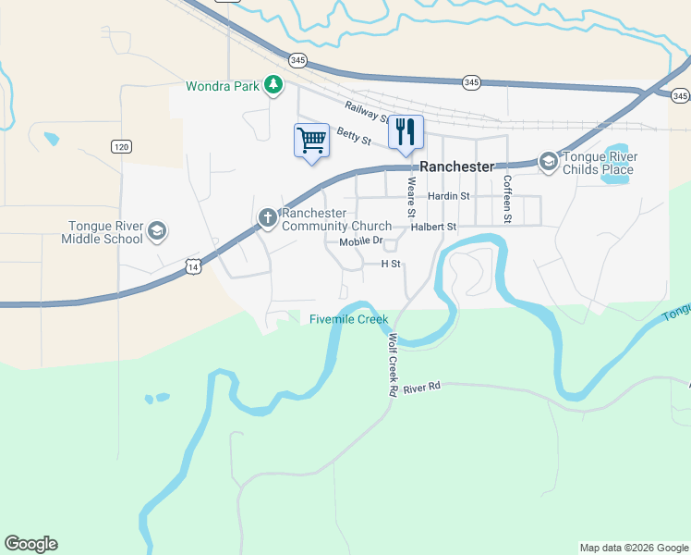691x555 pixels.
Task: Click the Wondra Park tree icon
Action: (273, 86)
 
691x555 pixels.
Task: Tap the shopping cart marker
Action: (311, 141)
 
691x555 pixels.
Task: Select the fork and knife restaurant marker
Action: (405, 131)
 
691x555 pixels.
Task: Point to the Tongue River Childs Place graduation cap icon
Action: (549, 163)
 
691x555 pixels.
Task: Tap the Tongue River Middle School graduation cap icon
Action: (156, 230)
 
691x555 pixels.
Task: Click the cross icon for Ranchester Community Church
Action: (267, 218)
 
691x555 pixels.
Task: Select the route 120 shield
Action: (121, 146)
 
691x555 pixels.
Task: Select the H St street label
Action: (392, 264)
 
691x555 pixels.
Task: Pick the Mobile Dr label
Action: (360, 241)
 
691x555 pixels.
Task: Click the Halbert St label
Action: (434, 227)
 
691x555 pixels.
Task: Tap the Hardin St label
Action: (449, 196)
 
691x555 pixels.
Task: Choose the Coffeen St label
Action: (507, 199)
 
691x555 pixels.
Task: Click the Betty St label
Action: (354, 136)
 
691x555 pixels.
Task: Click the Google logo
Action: (30, 544)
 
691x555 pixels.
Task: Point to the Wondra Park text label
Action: (222, 87)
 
